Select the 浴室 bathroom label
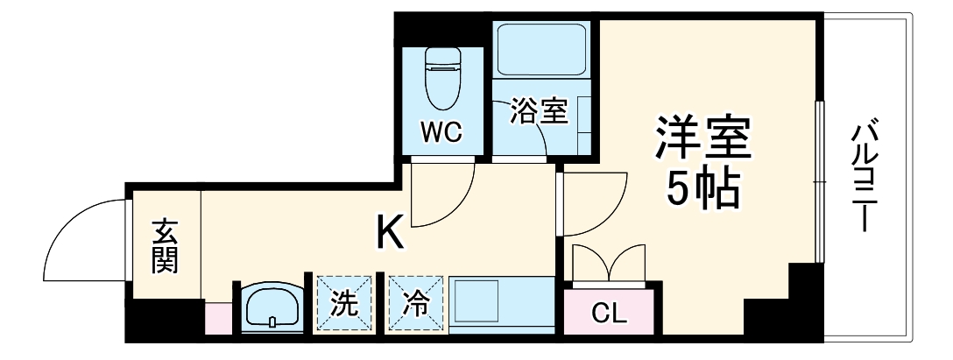540,112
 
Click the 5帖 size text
703,186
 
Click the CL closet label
609,313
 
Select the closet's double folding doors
610,262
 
